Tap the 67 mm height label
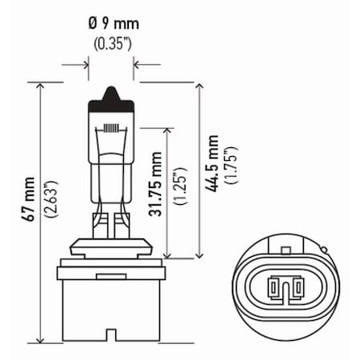(x=30, y=203)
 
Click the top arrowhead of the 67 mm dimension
(x=39, y=86)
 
